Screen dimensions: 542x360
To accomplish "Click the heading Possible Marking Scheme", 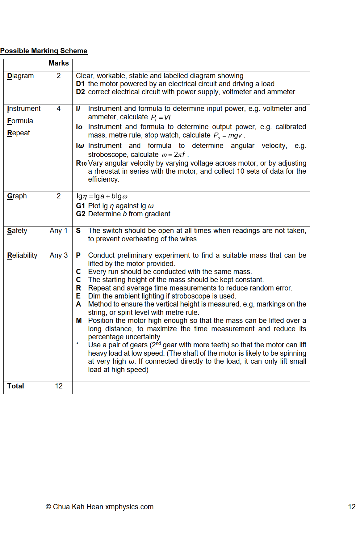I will point(44,51).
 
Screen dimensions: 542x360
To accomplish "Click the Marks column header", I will point(59,63).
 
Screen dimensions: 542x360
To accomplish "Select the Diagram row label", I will point(20,76).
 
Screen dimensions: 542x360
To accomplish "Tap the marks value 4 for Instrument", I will point(59,108).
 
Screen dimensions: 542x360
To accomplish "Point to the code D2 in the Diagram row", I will point(80,92).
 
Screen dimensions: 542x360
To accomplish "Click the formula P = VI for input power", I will point(161,117).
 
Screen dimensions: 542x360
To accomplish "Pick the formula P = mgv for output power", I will point(228,136).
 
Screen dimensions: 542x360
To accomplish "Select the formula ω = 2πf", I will point(173,155).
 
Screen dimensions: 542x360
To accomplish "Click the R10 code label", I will point(81,163).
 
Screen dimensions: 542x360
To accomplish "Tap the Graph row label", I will point(17,196).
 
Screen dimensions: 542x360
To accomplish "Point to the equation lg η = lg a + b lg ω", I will point(102,196).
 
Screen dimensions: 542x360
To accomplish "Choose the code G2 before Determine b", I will point(80,214).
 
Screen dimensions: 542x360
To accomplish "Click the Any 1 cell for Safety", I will point(59,231).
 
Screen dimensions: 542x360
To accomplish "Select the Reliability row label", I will point(22,255).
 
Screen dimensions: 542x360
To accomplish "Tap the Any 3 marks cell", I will point(59,255).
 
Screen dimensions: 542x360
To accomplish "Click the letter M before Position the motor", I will point(79,320).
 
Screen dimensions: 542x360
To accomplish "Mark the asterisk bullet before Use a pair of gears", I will point(77,344).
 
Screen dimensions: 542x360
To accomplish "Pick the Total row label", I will point(15,386).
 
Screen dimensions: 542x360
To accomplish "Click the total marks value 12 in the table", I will point(59,386).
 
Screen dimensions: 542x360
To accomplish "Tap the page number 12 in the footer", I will point(352,507).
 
